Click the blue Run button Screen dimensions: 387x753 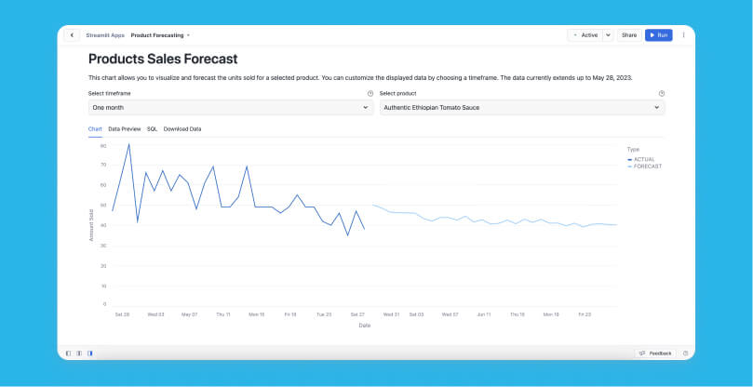(x=658, y=35)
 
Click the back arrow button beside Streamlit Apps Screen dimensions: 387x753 (x=73, y=35)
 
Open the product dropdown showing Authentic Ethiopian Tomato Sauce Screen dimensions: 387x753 (x=522, y=108)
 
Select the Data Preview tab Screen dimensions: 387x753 (x=125, y=128)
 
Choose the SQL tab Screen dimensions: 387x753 (x=153, y=128)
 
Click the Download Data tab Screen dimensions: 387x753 (x=182, y=128)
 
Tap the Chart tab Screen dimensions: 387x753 (x=95, y=128)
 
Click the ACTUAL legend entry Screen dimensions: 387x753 (x=644, y=159)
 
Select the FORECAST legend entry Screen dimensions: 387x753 (x=646, y=166)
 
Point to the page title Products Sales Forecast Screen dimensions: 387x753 (x=163, y=60)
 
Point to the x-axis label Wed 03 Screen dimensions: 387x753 (x=156, y=314)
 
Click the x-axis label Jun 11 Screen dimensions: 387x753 (x=483, y=314)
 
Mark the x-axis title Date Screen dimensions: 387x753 (x=364, y=325)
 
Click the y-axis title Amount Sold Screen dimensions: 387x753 (x=91, y=225)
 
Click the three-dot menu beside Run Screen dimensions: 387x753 (x=683, y=35)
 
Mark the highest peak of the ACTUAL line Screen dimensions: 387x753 (x=128, y=144)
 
